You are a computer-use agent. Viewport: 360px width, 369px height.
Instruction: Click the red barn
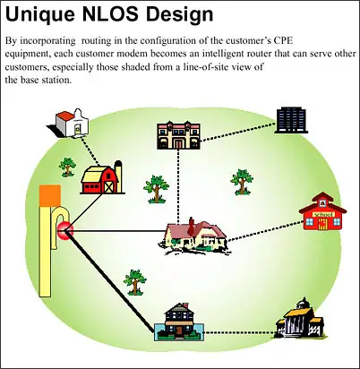click(101, 180)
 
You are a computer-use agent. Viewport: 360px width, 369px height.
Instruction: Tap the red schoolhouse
click(322, 211)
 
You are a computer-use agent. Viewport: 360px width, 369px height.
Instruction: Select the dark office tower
click(291, 120)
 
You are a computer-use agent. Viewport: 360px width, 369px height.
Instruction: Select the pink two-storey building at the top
click(178, 134)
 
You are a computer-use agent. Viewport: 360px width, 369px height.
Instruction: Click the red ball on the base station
click(65, 230)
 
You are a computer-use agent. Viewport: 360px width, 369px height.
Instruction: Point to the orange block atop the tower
click(50, 195)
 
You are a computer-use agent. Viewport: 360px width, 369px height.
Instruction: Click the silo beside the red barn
click(118, 176)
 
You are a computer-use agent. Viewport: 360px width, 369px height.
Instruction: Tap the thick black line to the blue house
click(110, 281)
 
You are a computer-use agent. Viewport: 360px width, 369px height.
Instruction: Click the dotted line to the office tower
click(238, 131)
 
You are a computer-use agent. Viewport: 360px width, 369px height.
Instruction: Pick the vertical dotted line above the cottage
click(178, 186)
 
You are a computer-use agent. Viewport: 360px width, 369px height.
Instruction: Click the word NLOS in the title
click(112, 13)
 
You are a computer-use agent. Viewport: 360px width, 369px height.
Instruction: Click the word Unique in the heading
click(40, 14)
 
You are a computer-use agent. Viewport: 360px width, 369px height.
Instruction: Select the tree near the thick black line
click(135, 282)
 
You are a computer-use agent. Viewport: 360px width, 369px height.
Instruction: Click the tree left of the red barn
click(67, 167)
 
